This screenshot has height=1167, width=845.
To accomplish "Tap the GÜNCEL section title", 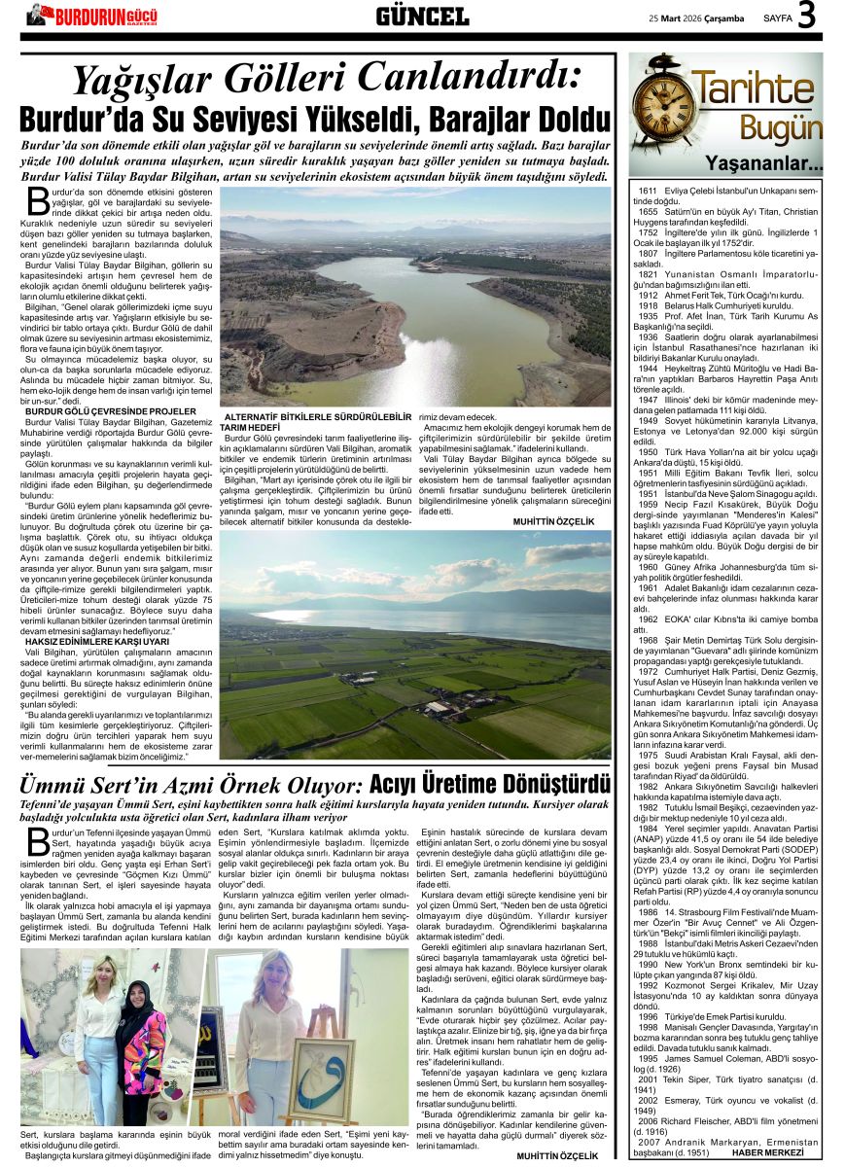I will [422, 16].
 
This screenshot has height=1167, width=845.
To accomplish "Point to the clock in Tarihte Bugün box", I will [662, 105].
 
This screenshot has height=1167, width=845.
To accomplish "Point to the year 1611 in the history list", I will [648, 191].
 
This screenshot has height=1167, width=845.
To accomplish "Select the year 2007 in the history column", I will [647, 1143].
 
